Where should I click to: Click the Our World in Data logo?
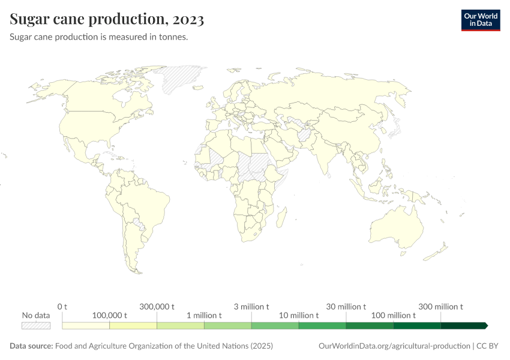[480, 20]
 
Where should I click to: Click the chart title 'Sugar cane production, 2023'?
[107, 20]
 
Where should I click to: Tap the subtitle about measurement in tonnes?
[99, 37]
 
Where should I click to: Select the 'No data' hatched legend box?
[35, 326]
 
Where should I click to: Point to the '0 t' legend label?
[62, 307]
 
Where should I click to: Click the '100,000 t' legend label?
[109, 315]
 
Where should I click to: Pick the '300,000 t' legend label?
[157, 307]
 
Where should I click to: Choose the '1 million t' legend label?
[204, 315]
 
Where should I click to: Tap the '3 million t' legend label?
[251, 307]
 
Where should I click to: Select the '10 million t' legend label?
[299, 315]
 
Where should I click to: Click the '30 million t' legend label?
[346, 307]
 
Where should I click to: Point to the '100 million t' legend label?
[394, 315]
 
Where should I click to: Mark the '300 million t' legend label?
[441, 307]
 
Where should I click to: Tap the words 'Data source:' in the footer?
[31, 346]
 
